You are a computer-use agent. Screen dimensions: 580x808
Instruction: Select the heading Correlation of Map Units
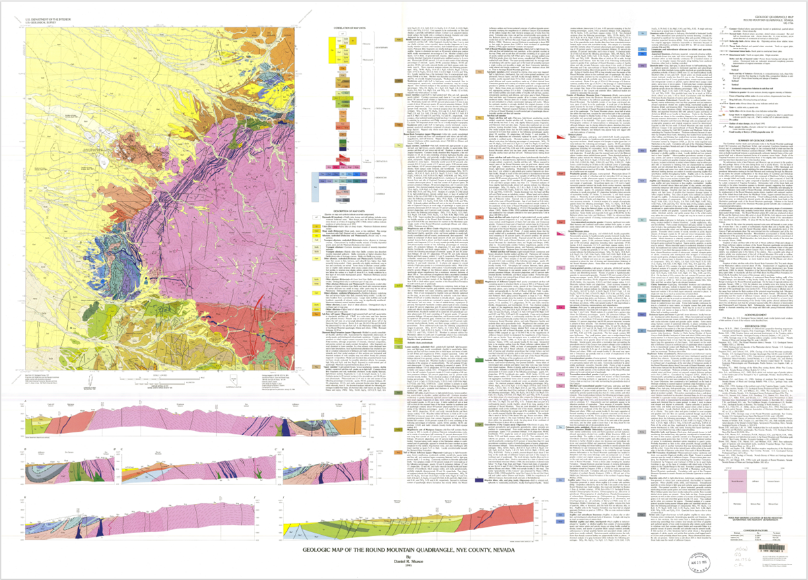(349, 28)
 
